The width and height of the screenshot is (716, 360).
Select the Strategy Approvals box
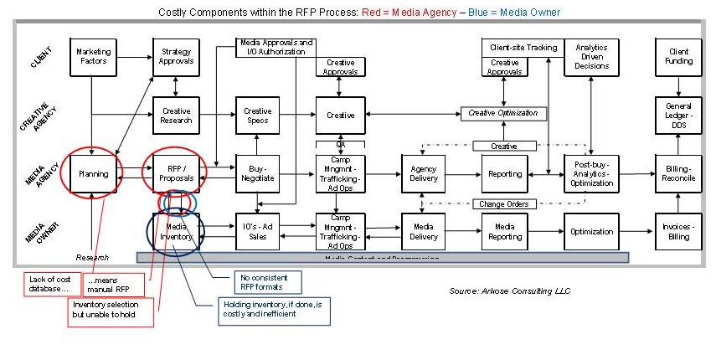176,56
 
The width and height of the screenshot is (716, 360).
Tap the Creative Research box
176,116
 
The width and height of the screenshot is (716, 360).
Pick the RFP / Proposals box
176,174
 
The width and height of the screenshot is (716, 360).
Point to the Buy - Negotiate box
257,174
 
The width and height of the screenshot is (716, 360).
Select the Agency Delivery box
423,174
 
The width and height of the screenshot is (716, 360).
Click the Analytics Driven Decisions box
591,56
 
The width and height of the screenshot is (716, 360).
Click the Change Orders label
505,203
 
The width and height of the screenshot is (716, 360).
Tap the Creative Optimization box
502,113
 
